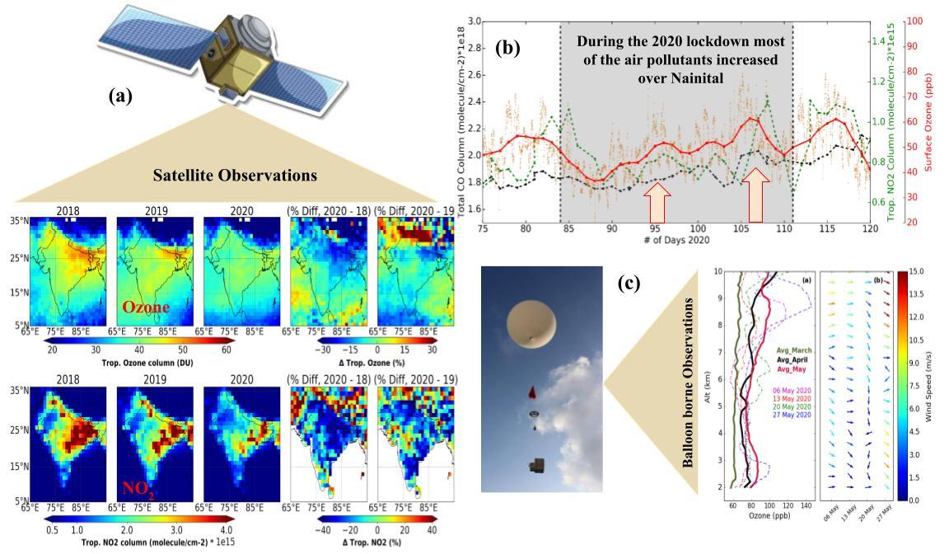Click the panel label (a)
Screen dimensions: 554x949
(120, 96)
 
